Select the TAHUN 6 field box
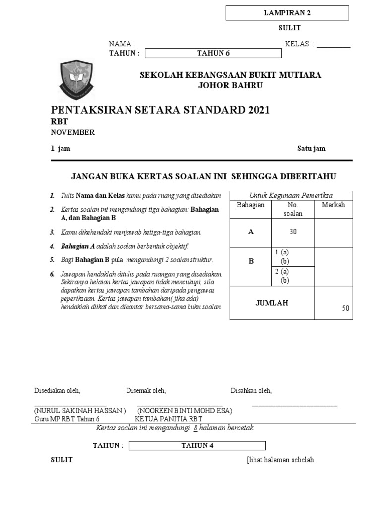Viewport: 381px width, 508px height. pos(213,54)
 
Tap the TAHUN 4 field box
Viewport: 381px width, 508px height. pos(197,445)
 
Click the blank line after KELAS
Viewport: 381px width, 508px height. pos(333,44)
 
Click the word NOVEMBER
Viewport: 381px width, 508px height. pos(73,132)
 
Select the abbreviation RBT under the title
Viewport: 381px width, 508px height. pos(60,122)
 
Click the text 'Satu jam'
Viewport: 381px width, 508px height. pos(311,149)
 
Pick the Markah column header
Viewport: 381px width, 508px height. pos(333,205)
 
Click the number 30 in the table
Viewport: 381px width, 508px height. pos(293,232)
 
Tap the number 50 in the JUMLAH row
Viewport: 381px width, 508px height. pos(345,308)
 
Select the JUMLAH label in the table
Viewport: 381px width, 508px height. pos(271,303)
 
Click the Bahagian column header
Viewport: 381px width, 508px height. pos(251,205)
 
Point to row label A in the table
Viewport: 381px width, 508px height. pos(251,232)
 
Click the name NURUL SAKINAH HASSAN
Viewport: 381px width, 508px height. pos(80,411)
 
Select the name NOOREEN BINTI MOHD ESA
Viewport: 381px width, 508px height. pos(185,411)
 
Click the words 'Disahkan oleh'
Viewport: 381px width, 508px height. pos(251,391)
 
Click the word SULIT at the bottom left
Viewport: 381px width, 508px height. pos(62,460)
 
